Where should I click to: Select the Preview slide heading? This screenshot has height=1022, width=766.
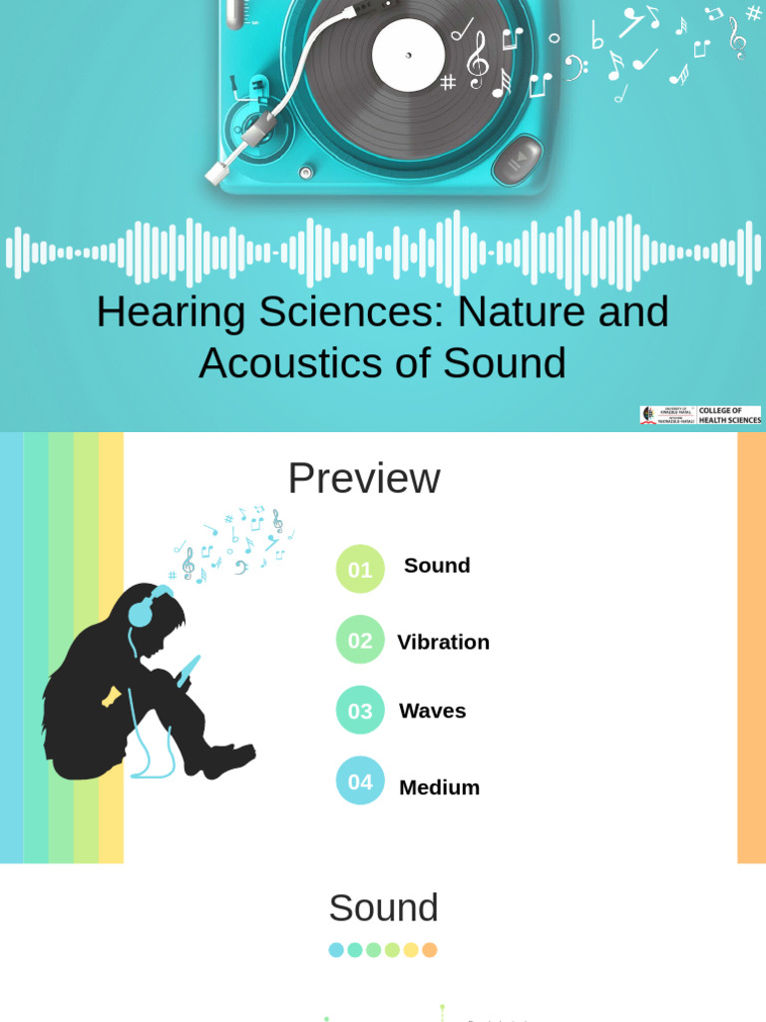pyautogui.click(x=363, y=479)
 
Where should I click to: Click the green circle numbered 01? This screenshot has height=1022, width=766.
pyautogui.click(x=360, y=569)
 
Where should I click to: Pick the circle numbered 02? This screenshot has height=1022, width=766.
pyautogui.click(x=360, y=640)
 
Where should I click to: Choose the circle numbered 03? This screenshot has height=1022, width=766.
pyautogui.click(x=360, y=711)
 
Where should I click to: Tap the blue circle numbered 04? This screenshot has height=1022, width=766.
pyautogui.click(x=360, y=781)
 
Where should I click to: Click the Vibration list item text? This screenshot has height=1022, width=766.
pyautogui.click(x=443, y=643)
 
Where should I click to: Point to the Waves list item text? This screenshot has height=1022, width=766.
pyautogui.click(x=432, y=712)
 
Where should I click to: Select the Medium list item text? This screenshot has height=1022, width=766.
pyautogui.click(x=439, y=787)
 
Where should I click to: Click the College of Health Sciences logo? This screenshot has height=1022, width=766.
pyautogui.click(x=700, y=415)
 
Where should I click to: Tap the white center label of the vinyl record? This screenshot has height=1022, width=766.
pyautogui.click(x=408, y=56)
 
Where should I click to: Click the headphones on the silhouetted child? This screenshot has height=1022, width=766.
pyautogui.click(x=142, y=609)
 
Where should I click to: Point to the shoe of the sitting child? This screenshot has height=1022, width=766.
pyautogui.click(x=230, y=761)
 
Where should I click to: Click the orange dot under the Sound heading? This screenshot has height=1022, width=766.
pyautogui.click(x=430, y=950)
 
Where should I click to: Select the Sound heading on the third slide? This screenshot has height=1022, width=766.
pyautogui.click(x=383, y=908)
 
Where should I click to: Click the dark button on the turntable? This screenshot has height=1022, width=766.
pyautogui.click(x=517, y=160)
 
